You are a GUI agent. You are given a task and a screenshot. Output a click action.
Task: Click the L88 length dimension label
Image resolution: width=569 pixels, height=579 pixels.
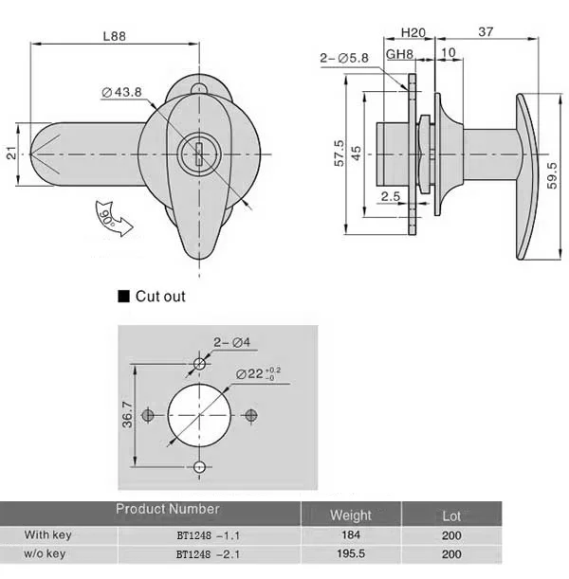pyautogui.click(x=115, y=36)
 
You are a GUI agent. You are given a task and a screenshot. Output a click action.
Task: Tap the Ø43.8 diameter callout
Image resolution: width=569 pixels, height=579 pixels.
pyautogui.click(x=122, y=92)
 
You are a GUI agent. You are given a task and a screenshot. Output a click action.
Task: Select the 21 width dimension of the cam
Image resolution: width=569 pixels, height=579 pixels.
pyautogui.click(x=11, y=153)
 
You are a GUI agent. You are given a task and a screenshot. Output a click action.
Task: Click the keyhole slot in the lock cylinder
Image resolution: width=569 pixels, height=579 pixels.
pyautogui.click(x=199, y=154)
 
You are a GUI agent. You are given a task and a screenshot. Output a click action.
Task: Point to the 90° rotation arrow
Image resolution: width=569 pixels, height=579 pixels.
pyautogui.click(x=112, y=218)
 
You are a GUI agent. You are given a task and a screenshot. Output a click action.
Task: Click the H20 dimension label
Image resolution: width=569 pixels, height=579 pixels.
pyautogui.click(x=413, y=33)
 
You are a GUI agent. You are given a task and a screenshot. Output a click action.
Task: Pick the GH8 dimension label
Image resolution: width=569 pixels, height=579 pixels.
pyautogui.click(x=399, y=54)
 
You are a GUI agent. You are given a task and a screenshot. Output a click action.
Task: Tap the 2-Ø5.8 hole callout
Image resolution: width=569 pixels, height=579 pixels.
pyautogui.click(x=344, y=58)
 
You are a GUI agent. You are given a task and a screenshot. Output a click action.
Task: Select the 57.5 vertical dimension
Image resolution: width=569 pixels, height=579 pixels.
pyautogui.click(x=339, y=153)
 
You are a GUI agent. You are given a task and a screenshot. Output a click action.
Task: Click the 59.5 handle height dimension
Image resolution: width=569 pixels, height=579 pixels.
pyautogui.click(x=552, y=175)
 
